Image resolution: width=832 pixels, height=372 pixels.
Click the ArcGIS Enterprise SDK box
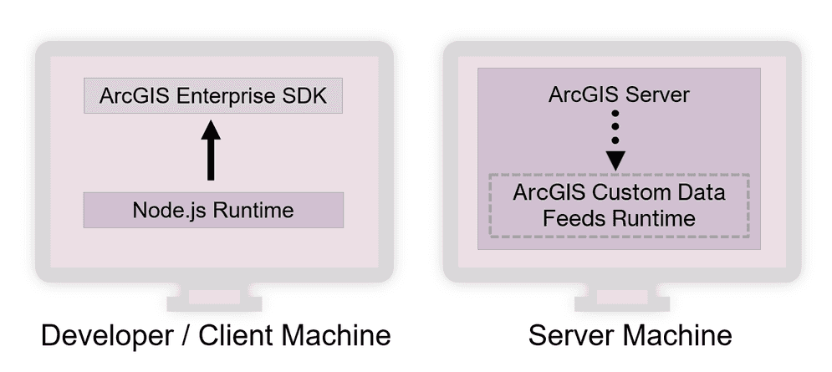[213, 97]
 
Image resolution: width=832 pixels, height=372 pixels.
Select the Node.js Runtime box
[213, 210]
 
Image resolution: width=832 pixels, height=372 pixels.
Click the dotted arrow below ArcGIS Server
[616, 139]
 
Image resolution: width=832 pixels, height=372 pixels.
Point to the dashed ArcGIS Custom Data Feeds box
[618, 206]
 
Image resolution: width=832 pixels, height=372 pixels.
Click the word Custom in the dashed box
[619, 194]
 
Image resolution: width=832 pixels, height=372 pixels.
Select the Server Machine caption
[630, 336]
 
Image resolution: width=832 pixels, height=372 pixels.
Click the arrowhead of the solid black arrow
[212, 130]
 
